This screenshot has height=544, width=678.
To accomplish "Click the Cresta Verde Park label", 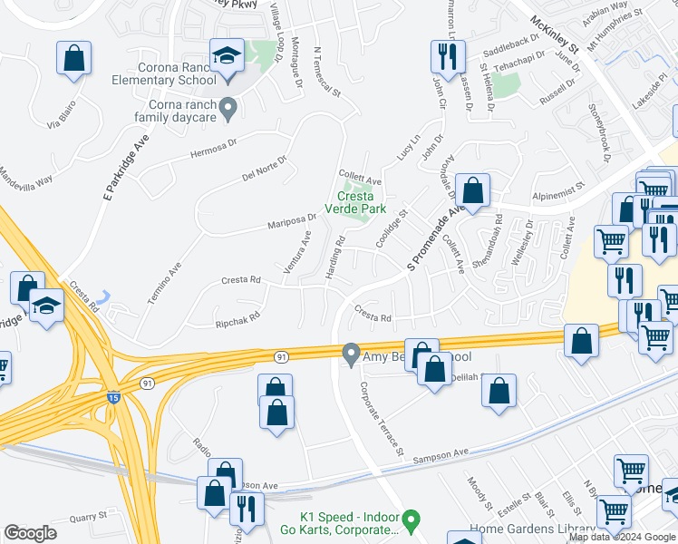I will tap(355, 202).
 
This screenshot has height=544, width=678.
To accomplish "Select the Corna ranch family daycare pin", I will tap(228, 111).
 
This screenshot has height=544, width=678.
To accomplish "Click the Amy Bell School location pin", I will tap(351, 354).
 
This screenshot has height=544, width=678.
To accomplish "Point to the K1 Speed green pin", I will tap(411, 520).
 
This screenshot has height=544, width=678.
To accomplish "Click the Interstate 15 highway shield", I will tap(112, 397).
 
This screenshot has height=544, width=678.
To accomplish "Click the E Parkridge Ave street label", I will tap(126, 168).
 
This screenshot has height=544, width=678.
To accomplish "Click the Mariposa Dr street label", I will tap(291, 220).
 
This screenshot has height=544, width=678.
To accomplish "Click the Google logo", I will tap(30, 533).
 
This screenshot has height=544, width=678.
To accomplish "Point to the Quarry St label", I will tap(89, 520).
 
